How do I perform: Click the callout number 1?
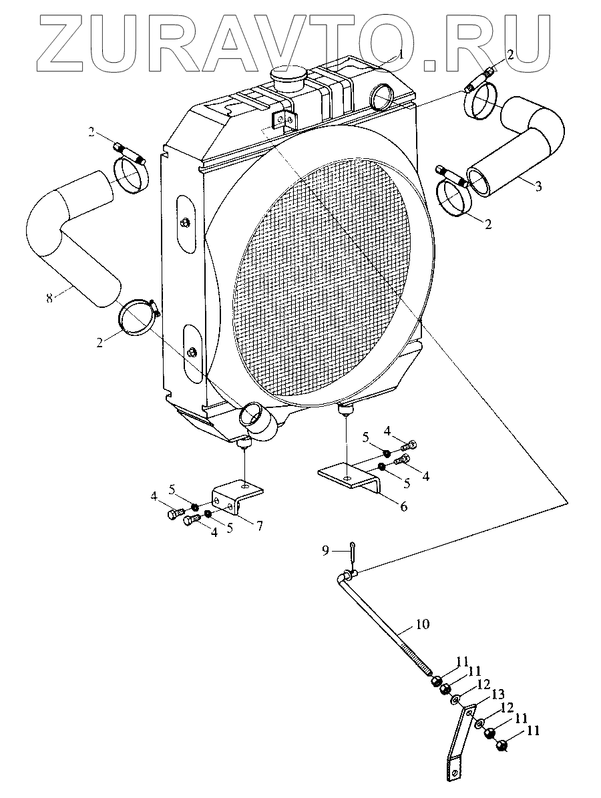click(x=401, y=54)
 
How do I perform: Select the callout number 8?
click(x=49, y=298)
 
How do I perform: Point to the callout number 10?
click(x=422, y=625)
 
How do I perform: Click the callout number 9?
click(x=325, y=550)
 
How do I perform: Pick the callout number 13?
click(x=497, y=695)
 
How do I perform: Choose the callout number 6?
click(x=403, y=507)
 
